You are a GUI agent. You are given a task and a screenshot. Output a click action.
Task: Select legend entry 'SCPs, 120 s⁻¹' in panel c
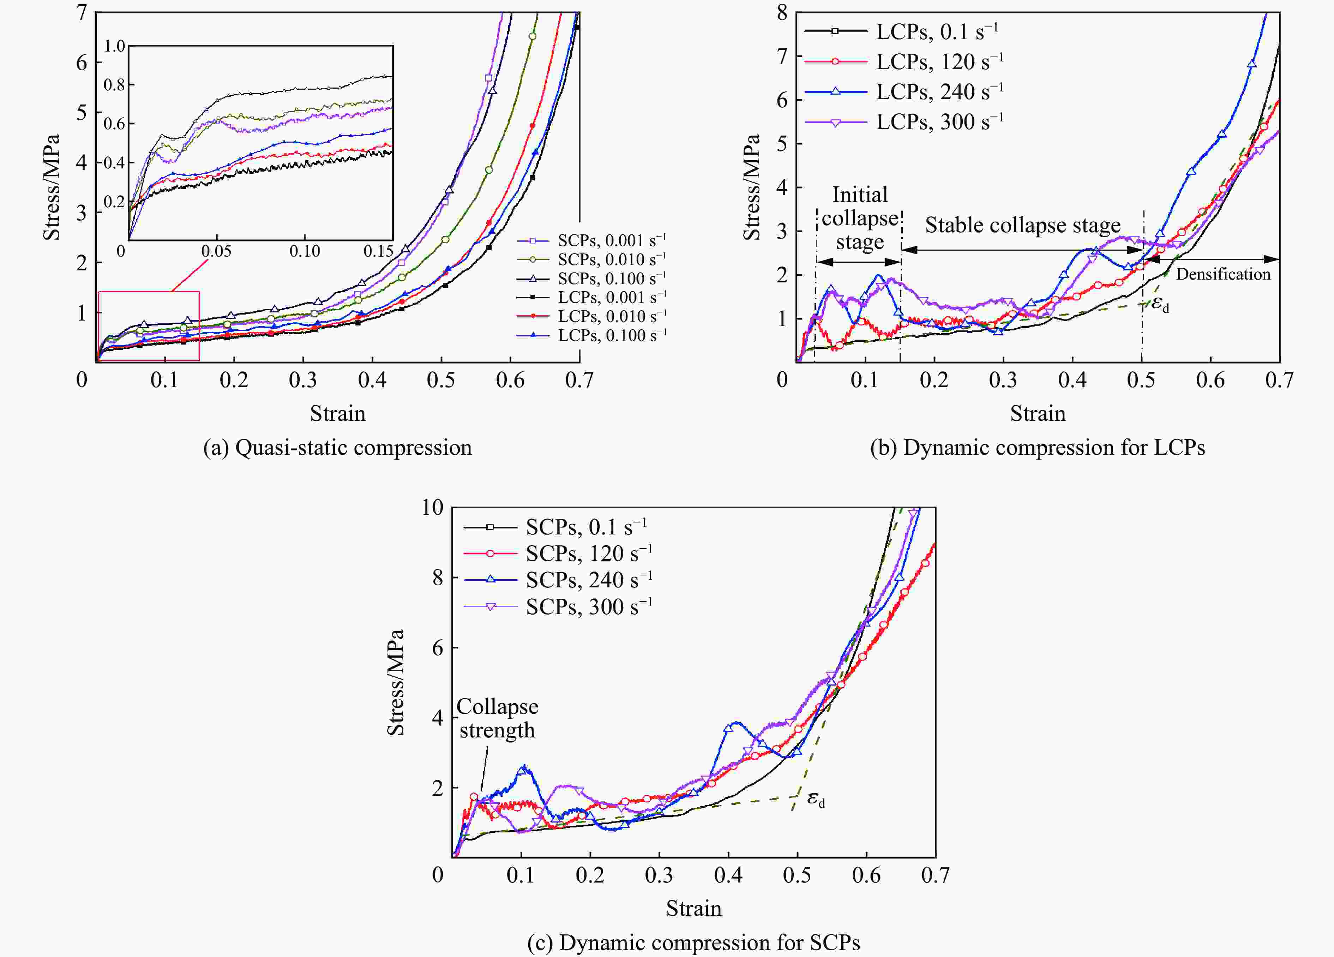[588, 554]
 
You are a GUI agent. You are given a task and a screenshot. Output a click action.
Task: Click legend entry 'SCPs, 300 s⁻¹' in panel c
[588, 606]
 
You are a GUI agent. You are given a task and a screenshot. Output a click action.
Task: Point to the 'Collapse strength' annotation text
[497, 718]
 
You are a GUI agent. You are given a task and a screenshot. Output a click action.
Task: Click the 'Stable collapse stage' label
[1022, 225]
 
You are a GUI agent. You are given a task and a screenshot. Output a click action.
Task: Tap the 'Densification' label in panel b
[1223, 274]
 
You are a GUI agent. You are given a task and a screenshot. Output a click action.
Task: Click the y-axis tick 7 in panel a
[82, 12]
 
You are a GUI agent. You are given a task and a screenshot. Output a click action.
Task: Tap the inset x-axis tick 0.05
[216, 252]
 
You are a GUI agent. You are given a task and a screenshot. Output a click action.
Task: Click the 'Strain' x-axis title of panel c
[693, 909]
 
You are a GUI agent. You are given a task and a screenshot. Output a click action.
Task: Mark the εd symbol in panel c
[815, 799]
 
